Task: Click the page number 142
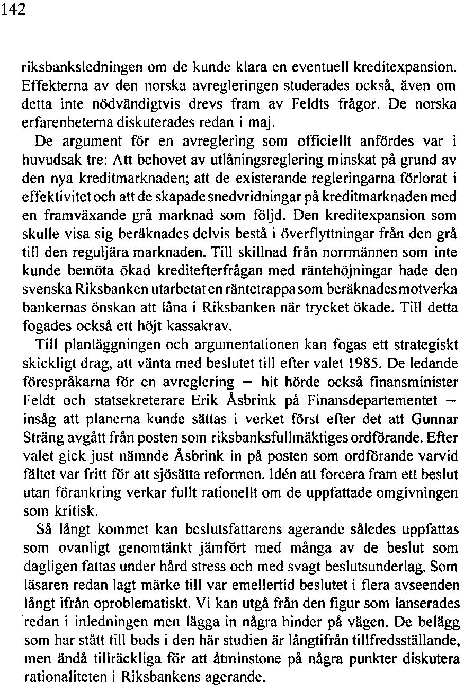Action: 13,11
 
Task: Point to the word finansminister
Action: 414,381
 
